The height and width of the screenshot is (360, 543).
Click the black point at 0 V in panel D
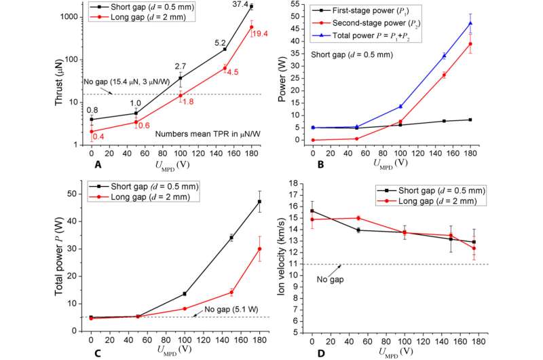[x=312, y=211]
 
